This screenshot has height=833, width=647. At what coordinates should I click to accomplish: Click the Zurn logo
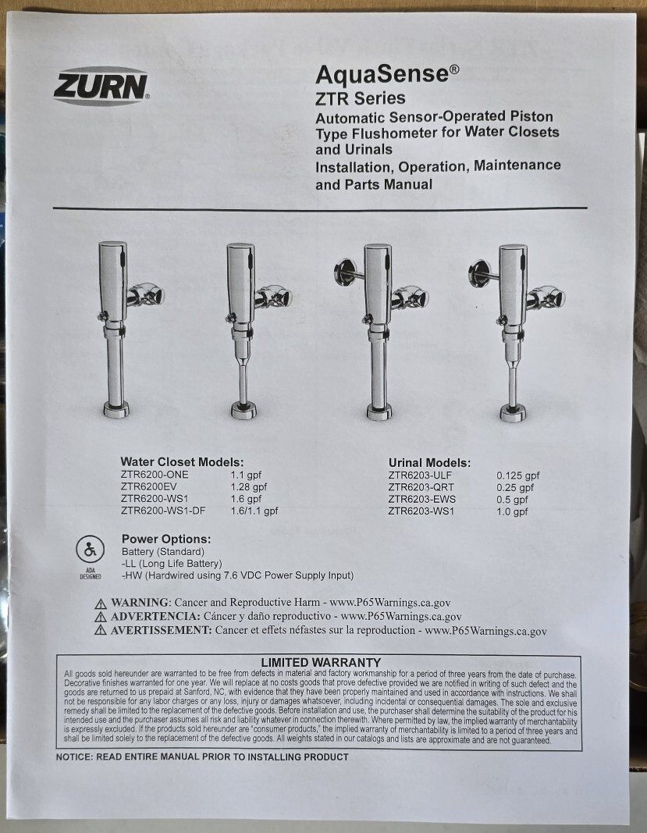[x=101, y=86]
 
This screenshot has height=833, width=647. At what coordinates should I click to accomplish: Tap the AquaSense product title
[x=387, y=74]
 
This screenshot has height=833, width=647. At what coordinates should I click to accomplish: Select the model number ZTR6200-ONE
[x=154, y=475]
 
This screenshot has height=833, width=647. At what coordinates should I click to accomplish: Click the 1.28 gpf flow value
[x=249, y=486]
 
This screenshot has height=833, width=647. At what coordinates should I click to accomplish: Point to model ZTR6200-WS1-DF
[x=163, y=511]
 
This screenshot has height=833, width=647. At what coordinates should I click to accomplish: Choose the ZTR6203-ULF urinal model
[x=420, y=475]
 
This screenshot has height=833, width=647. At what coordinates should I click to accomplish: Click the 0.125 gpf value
[x=518, y=476]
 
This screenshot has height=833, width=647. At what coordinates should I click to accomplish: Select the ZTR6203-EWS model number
[x=421, y=500]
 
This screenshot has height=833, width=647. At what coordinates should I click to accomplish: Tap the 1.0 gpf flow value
[x=512, y=511]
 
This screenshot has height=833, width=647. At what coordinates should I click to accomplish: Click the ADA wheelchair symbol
[x=90, y=550]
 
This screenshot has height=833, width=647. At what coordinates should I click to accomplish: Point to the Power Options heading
[x=166, y=539]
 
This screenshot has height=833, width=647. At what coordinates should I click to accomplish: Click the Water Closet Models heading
[x=182, y=462]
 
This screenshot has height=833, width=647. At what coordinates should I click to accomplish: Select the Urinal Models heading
[x=429, y=463]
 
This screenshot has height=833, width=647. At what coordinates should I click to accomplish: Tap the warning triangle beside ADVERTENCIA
[x=101, y=618]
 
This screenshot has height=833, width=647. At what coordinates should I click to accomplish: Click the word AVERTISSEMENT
[x=161, y=631]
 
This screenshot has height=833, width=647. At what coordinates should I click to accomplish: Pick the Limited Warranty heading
[x=321, y=663]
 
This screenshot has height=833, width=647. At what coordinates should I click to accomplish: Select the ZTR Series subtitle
[x=360, y=98]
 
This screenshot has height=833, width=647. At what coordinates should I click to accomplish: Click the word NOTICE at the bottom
[x=73, y=757]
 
